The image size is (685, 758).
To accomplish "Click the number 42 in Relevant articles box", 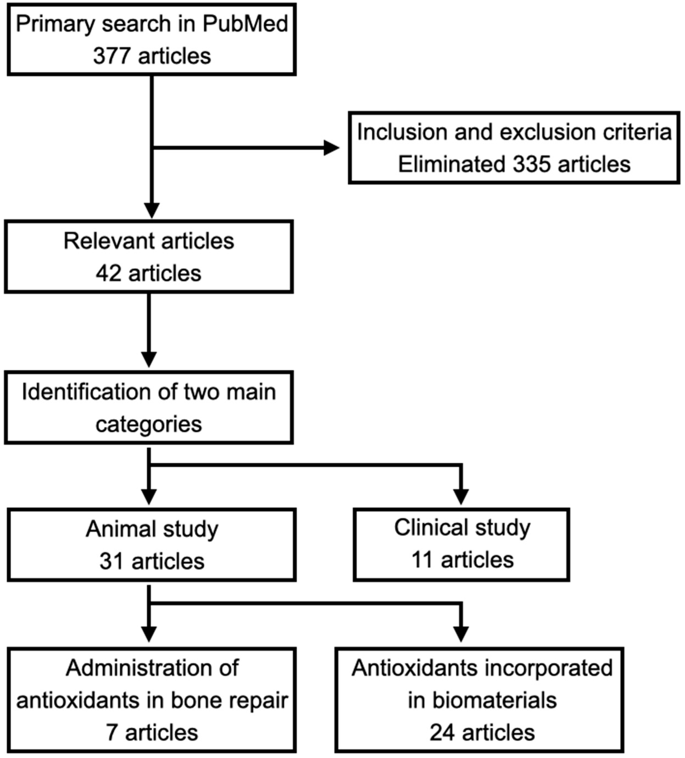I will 108,273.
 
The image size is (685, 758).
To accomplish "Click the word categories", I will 149,424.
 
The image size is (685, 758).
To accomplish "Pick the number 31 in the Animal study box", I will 111,561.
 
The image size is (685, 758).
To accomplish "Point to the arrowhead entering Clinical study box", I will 461,496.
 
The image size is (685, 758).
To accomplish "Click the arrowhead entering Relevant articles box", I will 152,210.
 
